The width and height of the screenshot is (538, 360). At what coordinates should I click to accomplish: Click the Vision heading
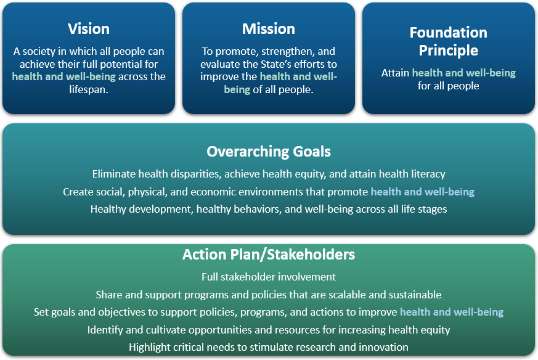[89, 29]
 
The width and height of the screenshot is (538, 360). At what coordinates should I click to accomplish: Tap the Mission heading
[269, 29]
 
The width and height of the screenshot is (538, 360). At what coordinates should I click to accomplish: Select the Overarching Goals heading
[269, 152]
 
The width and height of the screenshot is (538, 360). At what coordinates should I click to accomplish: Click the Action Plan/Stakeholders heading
[269, 255]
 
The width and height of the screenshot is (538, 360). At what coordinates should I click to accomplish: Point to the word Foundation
[449, 33]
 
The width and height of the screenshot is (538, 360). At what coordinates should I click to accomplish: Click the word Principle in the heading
[449, 51]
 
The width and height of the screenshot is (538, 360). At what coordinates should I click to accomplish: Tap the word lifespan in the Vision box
[89, 89]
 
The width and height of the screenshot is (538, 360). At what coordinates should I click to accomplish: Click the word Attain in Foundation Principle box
[395, 73]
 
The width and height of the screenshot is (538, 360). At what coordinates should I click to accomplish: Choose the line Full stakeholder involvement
[269, 277]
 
